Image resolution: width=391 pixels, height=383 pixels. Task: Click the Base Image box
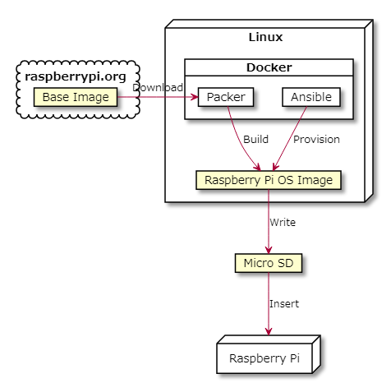click(x=76, y=98)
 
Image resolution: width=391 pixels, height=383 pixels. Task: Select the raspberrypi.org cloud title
click(x=76, y=76)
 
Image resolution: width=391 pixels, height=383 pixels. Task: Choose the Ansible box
click(x=310, y=97)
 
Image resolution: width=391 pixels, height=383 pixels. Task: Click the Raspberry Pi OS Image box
click(x=269, y=180)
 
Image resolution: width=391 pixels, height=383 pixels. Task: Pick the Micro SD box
click(x=269, y=263)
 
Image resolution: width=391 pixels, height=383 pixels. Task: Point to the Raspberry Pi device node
click(x=264, y=358)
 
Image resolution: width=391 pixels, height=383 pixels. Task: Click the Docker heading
click(x=269, y=67)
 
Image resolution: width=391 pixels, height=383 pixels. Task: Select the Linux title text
click(x=265, y=38)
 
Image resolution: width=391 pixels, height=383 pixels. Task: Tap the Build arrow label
click(x=255, y=139)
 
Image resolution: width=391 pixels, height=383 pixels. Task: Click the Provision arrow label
click(x=316, y=139)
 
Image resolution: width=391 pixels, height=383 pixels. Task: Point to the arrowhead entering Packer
click(x=195, y=98)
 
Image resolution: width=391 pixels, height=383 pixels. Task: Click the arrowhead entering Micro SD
click(x=269, y=250)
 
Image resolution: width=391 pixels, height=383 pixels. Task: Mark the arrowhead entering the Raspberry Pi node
click(x=269, y=331)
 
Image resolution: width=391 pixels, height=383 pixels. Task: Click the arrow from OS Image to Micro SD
click(x=269, y=218)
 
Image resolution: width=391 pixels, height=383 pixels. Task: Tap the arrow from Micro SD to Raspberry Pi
click(x=269, y=300)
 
